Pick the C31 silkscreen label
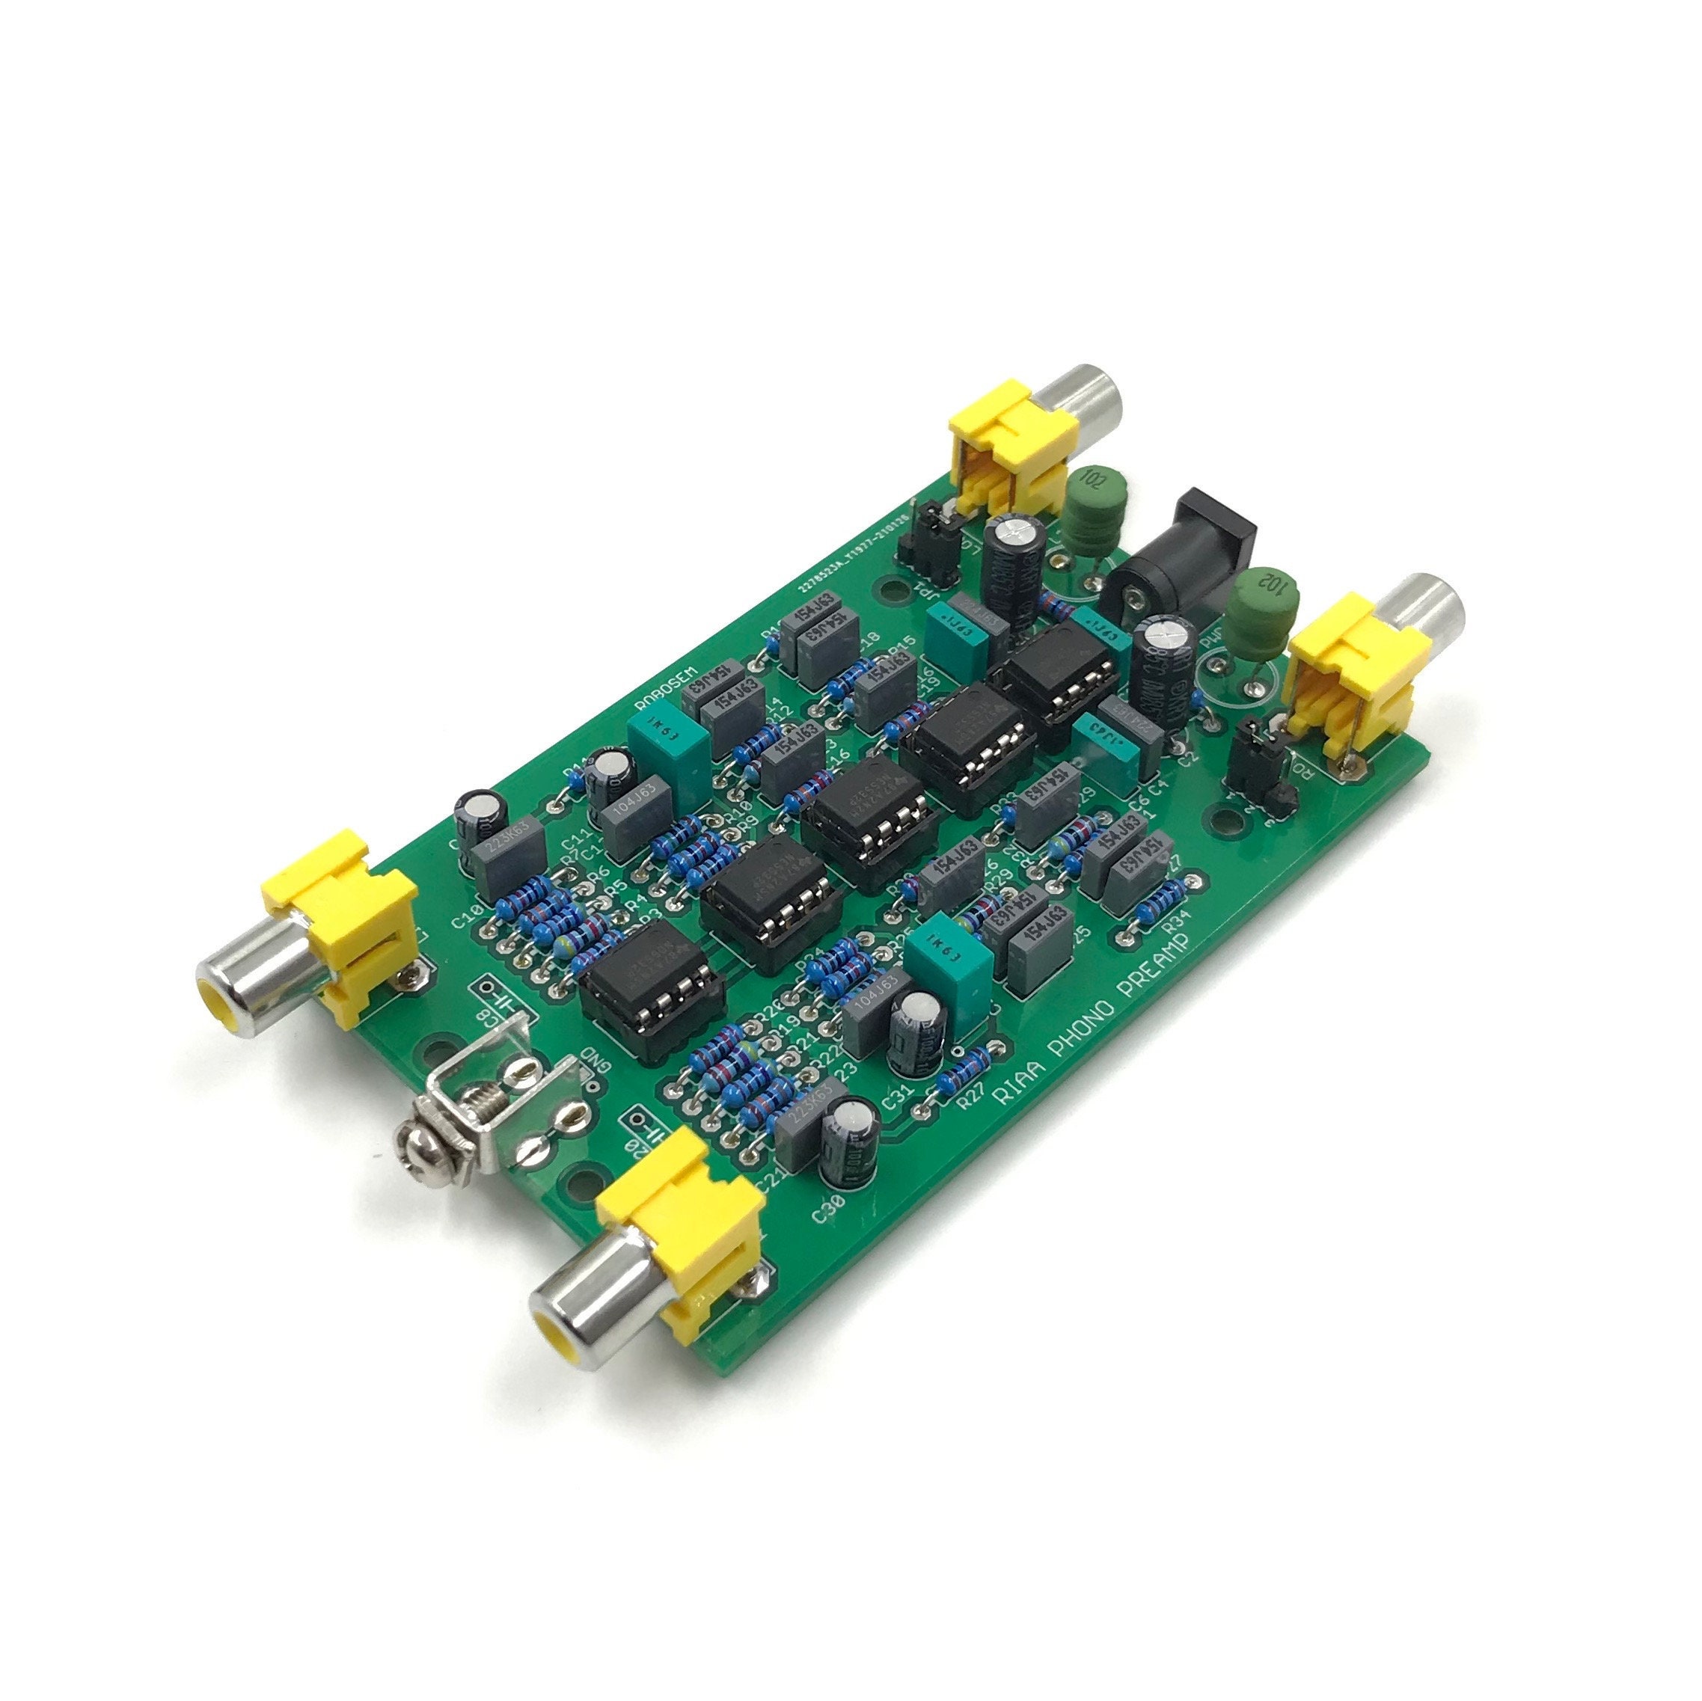pyautogui.click(x=897, y=1097)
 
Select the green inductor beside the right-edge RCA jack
pyautogui.click(x=1262, y=608)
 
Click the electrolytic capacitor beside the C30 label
pyautogui.click(x=848, y=1144)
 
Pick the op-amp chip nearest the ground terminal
pyautogui.click(x=650, y=982)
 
